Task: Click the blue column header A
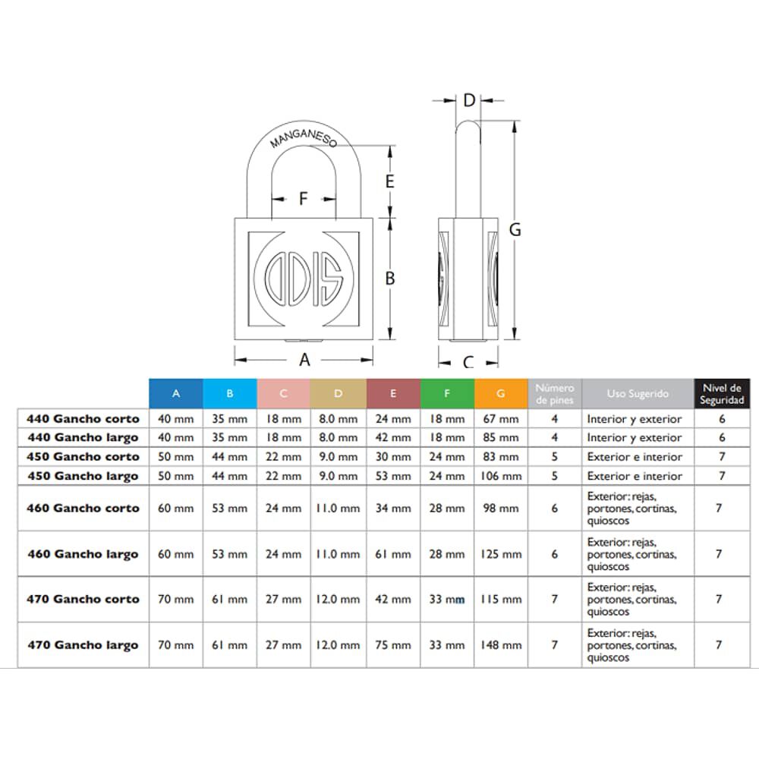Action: pos(176,393)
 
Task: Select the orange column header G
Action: pos(501,393)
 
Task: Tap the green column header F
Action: pos(447,393)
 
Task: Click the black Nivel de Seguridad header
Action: pos(722,393)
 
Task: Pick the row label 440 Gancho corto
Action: pos(83,419)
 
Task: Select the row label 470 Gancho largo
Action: pos(83,645)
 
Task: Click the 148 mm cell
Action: pos(501,645)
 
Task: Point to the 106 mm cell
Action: pos(501,477)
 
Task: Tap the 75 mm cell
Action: pos(393,645)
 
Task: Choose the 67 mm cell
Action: pos(501,419)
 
